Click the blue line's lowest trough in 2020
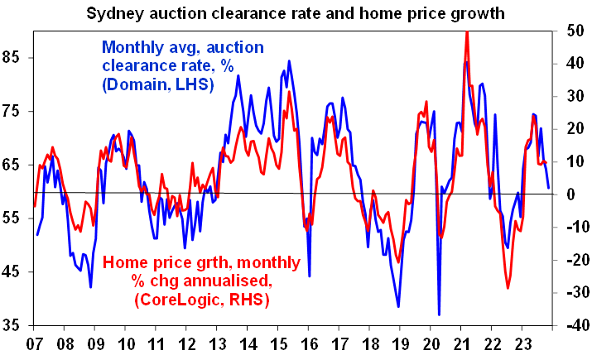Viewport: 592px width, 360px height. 439,314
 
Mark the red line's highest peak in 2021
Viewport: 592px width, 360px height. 468,33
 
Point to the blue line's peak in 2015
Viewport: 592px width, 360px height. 289,61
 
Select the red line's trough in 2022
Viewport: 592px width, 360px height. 508,288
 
